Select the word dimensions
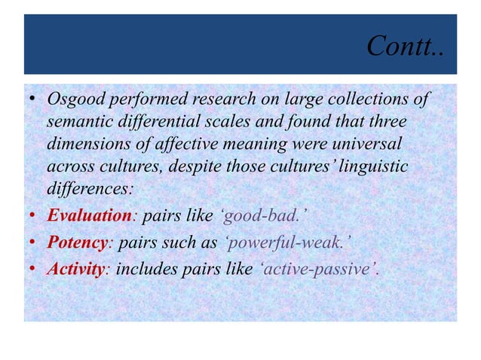coord(87,143)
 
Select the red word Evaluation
coord(90,216)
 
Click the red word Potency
coord(76,242)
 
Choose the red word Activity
coord(75,267)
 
